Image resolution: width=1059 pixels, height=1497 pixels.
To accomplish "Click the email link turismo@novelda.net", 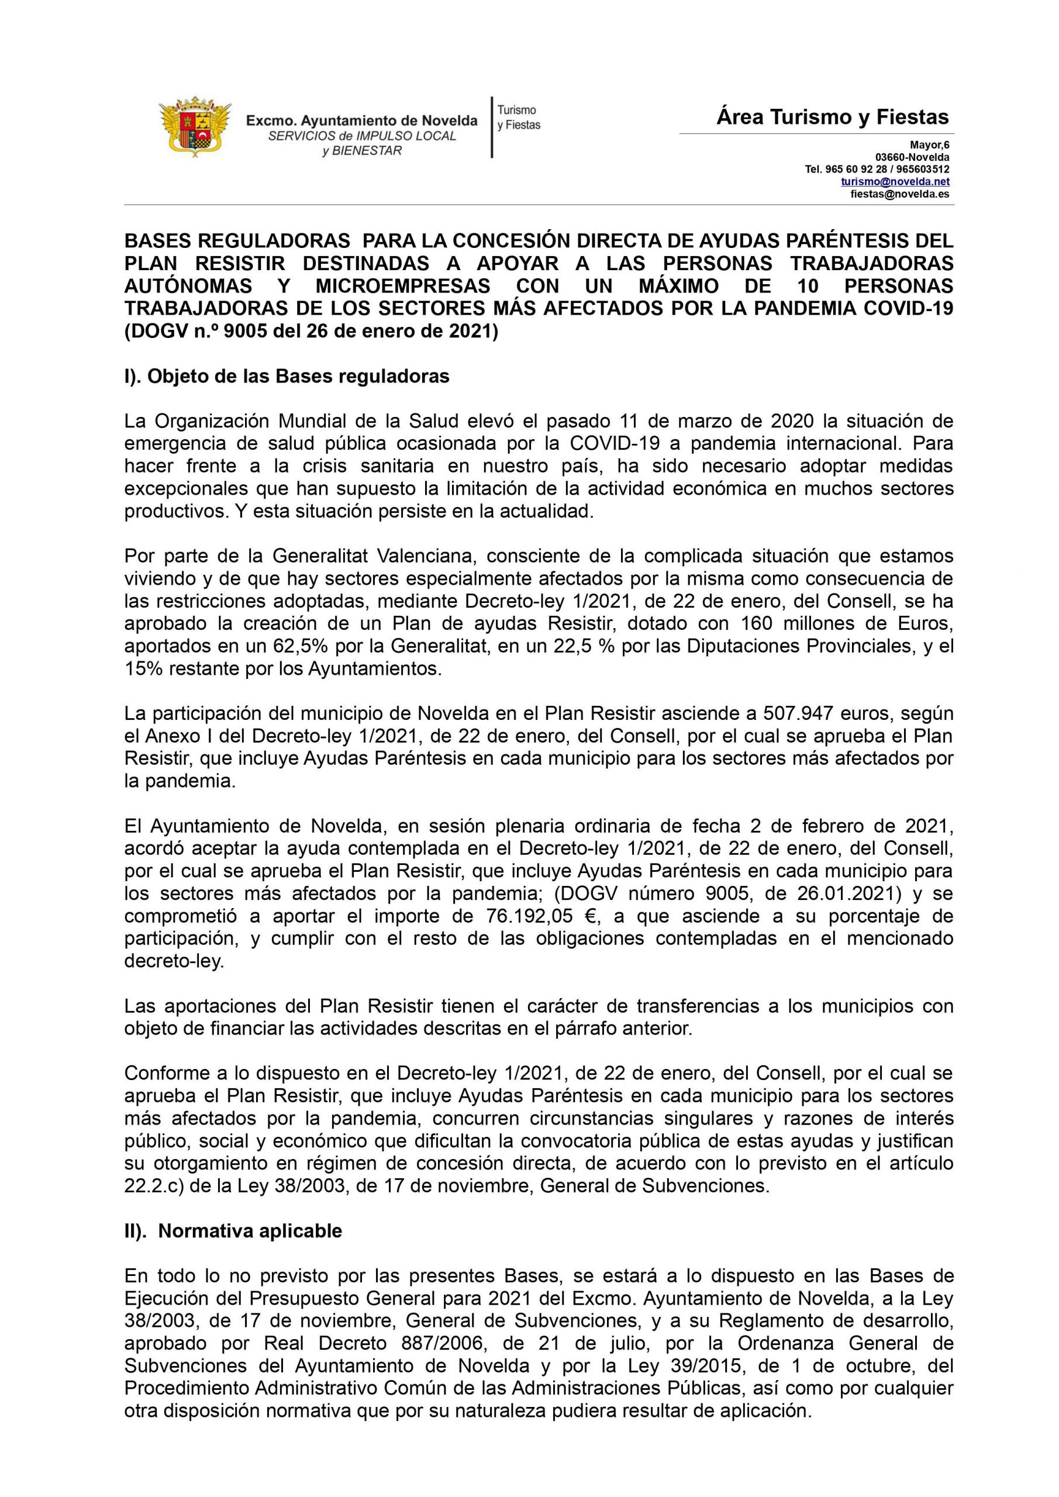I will (x=895, y=182).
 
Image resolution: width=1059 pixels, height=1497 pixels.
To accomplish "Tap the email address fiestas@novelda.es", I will (x=899, y=194).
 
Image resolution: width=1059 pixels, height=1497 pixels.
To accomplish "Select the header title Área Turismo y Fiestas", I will (x=833, y=118).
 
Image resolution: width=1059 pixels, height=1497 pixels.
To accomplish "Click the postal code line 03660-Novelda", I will (x=912, y=158).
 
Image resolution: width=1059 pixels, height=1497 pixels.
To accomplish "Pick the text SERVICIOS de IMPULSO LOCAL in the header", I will (x=362, y=136).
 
